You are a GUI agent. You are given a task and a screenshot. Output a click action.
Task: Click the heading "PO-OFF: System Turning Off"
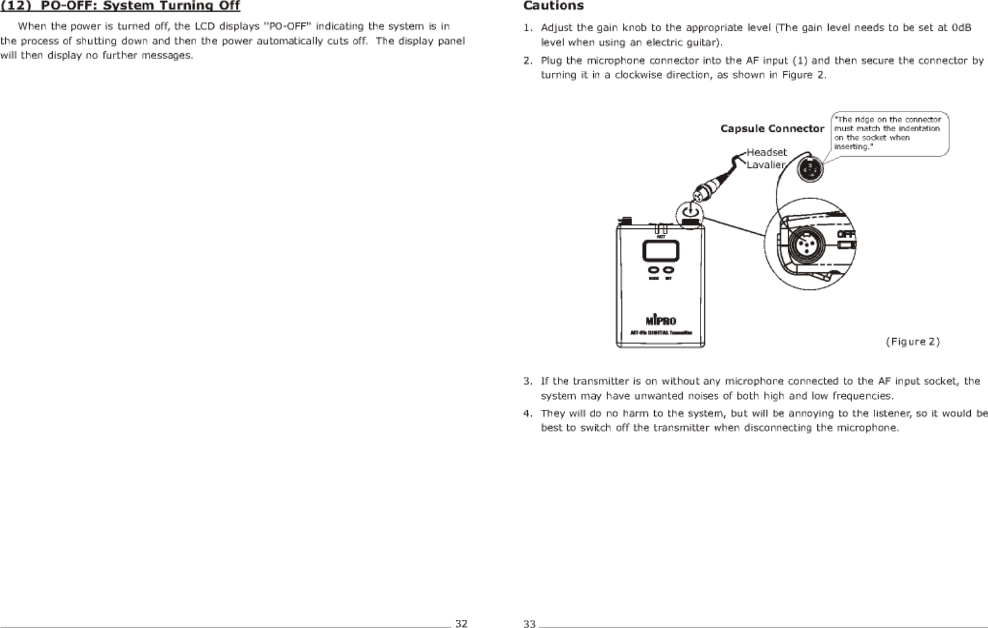[x=140, y=6]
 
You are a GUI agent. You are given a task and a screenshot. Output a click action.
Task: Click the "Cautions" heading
[x=553, y=6]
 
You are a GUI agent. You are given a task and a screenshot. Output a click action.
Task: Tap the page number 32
[x=461, y=623]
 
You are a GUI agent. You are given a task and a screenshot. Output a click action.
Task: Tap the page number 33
[x=529, y=624]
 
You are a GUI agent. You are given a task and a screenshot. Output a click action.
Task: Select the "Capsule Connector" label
[x=772, y=129]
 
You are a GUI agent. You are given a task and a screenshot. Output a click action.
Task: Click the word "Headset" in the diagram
[x=767, y=152]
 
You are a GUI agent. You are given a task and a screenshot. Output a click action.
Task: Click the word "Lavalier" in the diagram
[x=766, y=165]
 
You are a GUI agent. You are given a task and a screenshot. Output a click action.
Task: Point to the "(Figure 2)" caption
[x=912, y=341]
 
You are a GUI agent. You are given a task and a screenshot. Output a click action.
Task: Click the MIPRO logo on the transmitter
[x=661, y=320]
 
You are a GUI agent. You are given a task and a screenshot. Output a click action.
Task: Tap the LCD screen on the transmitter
[x=661, y=251]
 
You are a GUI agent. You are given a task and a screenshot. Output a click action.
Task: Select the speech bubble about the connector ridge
[x=890, y=133]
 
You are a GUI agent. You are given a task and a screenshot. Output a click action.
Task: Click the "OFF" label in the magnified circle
[x=846, y=234]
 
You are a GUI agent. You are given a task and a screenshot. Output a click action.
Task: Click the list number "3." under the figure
[x=528, y=381]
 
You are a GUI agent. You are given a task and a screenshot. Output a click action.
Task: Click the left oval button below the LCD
[x=653, y=270]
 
